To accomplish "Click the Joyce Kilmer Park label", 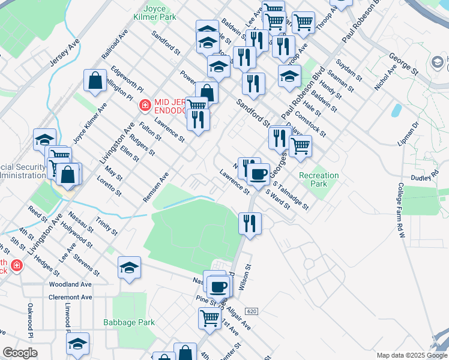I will pyautogui.click(x=155, y=13).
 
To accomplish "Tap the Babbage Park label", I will pyautogui.click(x=129, y=322).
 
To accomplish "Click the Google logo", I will pyautogui.click(x=20, y=353).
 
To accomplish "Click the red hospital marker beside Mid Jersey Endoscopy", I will pyautogui.click(x=144, y=106).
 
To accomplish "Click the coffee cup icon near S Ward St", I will pyautogui.click(x=258, y=175).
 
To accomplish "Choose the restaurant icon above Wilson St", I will pyautogui.click(x=250, y=223).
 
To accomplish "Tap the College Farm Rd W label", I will pyautogui.click(x=402, y=207).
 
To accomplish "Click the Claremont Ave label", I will pyautogui.click(x=71, y=297).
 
